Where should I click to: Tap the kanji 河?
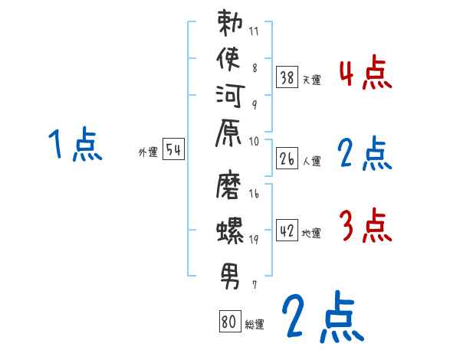pos(231,99)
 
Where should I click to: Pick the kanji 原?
pos(231,135)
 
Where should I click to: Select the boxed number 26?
pos(287,159)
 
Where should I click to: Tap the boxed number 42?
pos(287,230)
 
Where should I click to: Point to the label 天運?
pos(311,80)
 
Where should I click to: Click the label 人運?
pos(311,162)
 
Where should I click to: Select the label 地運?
pos(311,233)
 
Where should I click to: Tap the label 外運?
pos(148,152)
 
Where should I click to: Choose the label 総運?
pos(255,325)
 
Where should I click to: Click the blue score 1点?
pos(74,146)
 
